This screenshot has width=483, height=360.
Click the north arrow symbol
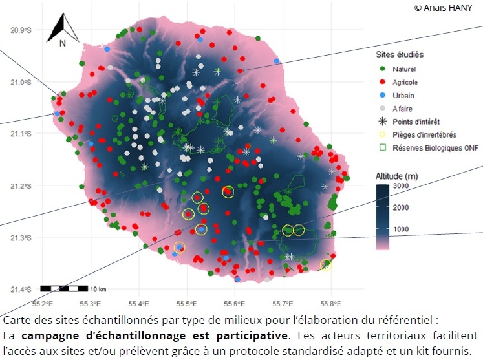[63, 28]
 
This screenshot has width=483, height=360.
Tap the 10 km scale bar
[64, 288]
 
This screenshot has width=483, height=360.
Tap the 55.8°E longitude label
[330, 304]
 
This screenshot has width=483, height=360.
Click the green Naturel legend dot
[383, 69]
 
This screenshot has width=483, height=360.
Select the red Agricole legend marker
[383, 82]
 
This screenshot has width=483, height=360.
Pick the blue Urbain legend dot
[383, 95]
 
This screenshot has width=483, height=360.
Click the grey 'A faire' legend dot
[383, 108]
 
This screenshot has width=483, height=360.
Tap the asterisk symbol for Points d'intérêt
[383, 122]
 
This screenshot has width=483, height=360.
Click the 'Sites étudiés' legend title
[400, 54]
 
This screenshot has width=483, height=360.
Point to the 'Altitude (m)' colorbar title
[397, 176]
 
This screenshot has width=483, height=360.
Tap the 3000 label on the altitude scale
[401, 185]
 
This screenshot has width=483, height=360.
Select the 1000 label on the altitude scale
[401, 229]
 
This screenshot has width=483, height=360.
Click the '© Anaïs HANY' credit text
[444, 8]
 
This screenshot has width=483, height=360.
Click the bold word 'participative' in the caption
[252, 335]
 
